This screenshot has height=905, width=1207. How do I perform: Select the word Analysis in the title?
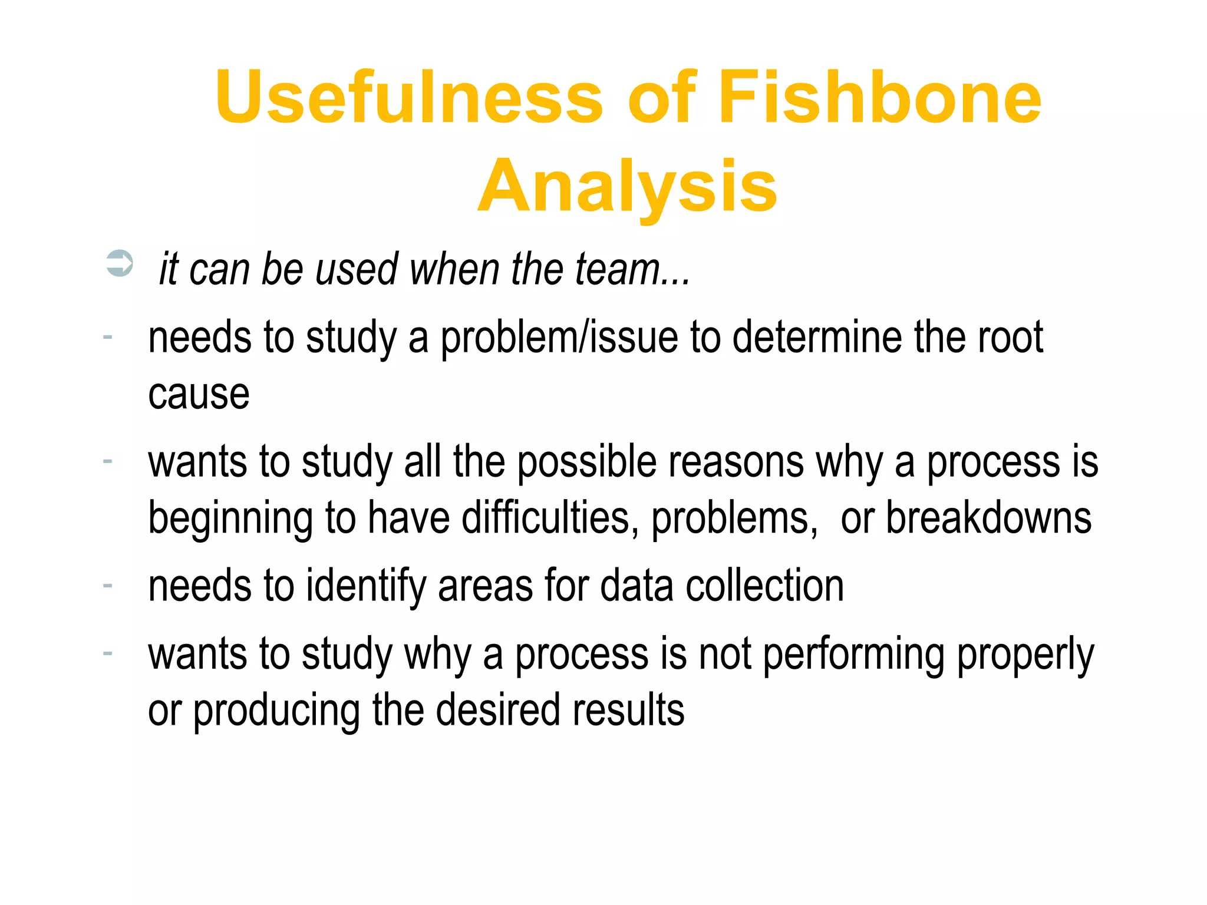(628, 187)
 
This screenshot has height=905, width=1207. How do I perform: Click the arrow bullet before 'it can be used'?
(120, 263)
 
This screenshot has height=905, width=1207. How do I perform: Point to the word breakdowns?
(988, 518)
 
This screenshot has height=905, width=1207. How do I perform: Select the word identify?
(365, 586)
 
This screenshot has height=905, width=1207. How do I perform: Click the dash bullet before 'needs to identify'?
(107, 586)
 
